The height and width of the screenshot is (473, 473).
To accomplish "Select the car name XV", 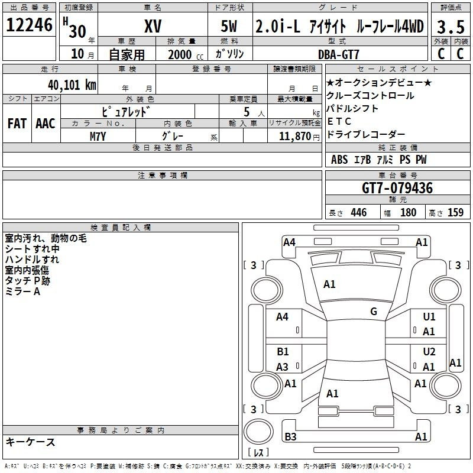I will (153, 25).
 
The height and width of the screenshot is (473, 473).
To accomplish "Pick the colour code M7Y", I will (98, 135).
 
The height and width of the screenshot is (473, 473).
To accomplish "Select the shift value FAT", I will (17, 124).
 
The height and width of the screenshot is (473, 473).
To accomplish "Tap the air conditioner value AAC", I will (46, 124).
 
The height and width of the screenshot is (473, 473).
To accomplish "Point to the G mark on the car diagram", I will (373, 312).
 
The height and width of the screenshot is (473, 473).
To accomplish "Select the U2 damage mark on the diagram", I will (429, 352).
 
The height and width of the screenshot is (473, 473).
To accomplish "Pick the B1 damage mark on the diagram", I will (283, 352).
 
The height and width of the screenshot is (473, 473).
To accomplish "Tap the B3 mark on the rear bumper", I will (290, 437).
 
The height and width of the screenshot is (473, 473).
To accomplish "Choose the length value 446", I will (358, 213).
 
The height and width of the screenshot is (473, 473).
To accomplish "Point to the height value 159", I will (455, 213).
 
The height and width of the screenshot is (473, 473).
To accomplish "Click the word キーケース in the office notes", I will (30, 442).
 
